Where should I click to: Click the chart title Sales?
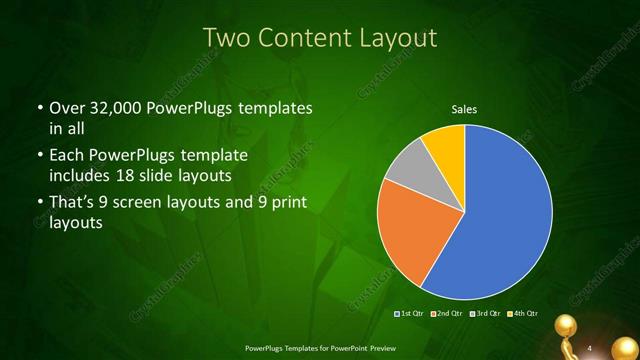click(464, 108)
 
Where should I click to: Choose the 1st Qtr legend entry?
click(410, 314)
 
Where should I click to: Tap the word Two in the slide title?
click(227, 38)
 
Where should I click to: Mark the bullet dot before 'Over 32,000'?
click(39, 109)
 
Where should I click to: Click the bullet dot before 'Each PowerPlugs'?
click(39, 157)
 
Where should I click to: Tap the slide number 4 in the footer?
click(590, 347)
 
